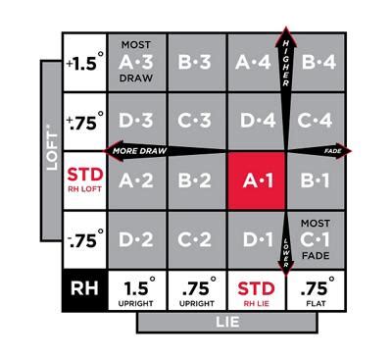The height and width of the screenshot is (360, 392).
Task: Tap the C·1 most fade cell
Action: (315, 238)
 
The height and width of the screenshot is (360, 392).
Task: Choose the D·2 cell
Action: (137, 238)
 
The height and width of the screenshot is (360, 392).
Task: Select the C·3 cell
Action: (196, 121)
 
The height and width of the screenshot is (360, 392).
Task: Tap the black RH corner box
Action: (83, 290)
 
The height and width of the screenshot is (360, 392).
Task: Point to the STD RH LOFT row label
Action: (83, 180)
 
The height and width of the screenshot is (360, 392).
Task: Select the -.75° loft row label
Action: (83, 238)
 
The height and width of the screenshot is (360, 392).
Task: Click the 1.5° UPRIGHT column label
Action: (137, 290)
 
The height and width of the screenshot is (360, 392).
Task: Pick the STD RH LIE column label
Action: (256, 290)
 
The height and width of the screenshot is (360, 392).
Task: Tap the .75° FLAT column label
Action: (315, 290)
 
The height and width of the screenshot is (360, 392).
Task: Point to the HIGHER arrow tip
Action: (286, 30)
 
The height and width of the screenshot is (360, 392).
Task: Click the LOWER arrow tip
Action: (286, 274)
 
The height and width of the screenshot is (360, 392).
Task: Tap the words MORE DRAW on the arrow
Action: (137, 151)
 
